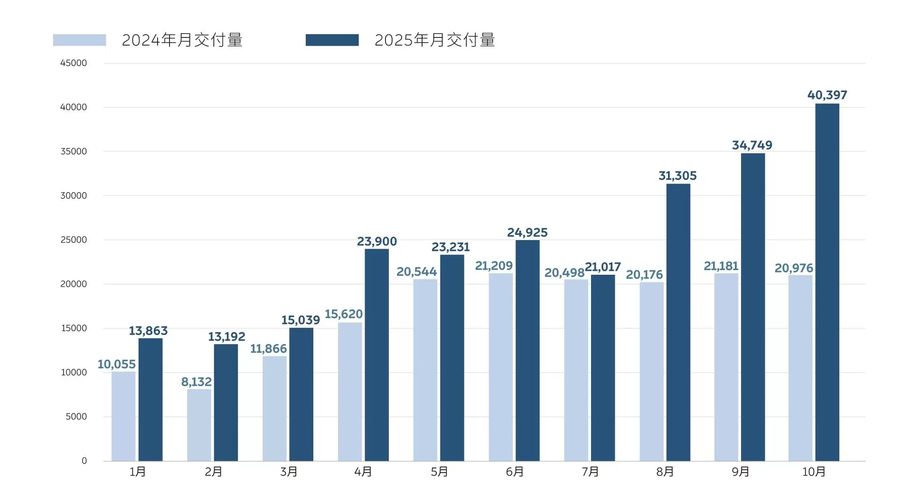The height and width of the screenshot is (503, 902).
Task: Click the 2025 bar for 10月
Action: (x=827, y=282)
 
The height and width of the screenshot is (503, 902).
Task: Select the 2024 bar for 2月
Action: (x=199, y=425)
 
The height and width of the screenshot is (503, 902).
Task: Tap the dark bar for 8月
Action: (x=678, y=322)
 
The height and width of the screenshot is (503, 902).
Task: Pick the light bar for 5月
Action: (x=425, y=370)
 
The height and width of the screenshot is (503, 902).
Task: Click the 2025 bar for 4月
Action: (x=376, y=355)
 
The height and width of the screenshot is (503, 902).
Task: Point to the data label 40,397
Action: (x=827, y=95)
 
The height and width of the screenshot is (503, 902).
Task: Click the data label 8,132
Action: (x=196, y=382)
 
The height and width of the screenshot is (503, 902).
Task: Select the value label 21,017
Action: (x=602, y=267)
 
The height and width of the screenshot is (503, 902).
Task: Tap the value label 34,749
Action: (x=752, y=145)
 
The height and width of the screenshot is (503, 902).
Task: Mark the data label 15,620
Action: (x=343, y=314)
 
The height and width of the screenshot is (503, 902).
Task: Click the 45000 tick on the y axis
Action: (x=74, y=63)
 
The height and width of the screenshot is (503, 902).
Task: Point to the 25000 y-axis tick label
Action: (x=74, y=240)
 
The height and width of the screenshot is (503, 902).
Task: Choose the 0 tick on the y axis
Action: (x=84, y=461)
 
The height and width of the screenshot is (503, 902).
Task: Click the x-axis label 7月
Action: (x=590, y=472)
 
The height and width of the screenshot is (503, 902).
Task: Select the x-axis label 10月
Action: (x=814, y=472)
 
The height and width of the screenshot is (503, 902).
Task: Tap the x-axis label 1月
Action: (x=138, y=472)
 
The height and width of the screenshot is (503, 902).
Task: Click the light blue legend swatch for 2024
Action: (x=79, y=40)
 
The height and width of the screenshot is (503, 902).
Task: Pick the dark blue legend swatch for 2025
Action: (x=332, y=40)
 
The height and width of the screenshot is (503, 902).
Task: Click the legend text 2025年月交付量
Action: (x=434, y=40)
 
